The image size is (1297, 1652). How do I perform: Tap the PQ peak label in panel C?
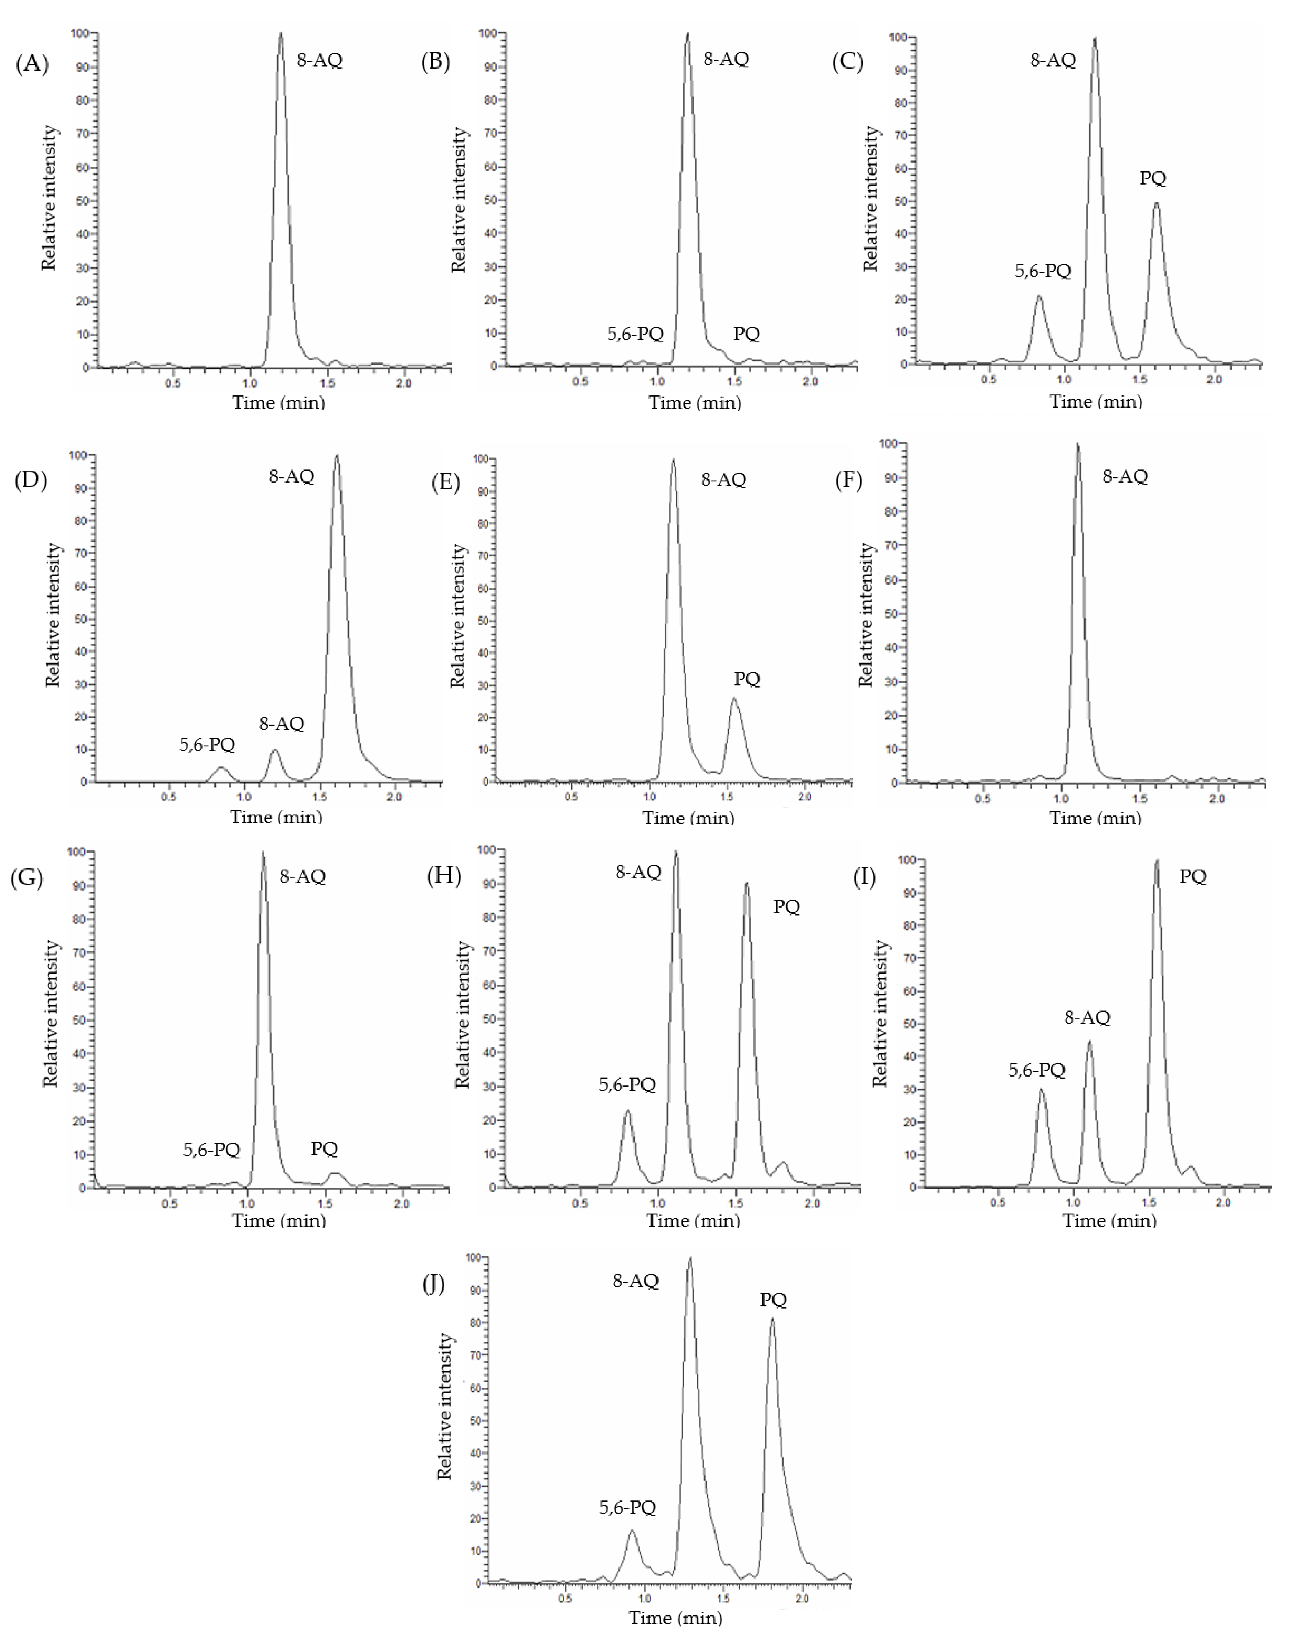click(1153, 178)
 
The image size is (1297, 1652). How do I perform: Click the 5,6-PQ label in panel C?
click(1043, 271)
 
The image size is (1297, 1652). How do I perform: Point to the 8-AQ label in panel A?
click(320, 60)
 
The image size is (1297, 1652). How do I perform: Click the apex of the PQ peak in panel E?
click(734, 699)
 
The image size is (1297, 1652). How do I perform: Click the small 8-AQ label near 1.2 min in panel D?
click(282, 724)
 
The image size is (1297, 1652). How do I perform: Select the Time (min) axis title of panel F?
click(1095, 818)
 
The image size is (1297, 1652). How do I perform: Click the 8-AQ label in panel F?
click(1125, 477)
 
